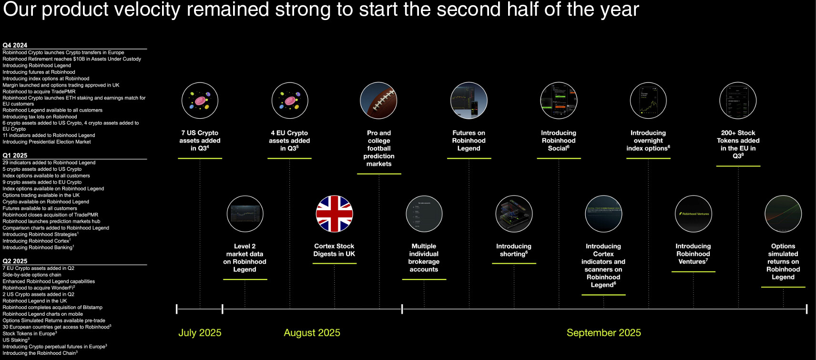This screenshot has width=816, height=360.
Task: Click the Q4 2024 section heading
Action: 15,45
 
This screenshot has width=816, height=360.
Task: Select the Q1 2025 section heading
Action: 15,155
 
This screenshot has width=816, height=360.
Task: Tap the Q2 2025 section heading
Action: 15,261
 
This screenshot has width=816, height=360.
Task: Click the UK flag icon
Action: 335,214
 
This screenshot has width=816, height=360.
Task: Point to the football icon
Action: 378,101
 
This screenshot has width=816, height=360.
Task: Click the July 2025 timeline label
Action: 200,333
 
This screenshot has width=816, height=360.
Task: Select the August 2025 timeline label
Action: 312,333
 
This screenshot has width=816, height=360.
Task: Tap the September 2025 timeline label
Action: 603,333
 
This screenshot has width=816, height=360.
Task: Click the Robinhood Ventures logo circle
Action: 693,214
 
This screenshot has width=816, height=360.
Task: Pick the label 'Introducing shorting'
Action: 514,250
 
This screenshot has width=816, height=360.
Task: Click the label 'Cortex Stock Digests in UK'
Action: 334,250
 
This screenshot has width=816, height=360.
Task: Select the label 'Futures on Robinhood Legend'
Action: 469,141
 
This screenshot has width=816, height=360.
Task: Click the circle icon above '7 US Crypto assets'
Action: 200,101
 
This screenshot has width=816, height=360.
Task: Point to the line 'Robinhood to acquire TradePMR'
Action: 39,92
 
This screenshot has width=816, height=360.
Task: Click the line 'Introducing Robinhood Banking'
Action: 38,247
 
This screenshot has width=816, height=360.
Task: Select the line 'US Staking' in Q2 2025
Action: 16,340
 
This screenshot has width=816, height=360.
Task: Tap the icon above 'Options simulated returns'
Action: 783,214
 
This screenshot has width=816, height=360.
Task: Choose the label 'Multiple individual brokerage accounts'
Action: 424,257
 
